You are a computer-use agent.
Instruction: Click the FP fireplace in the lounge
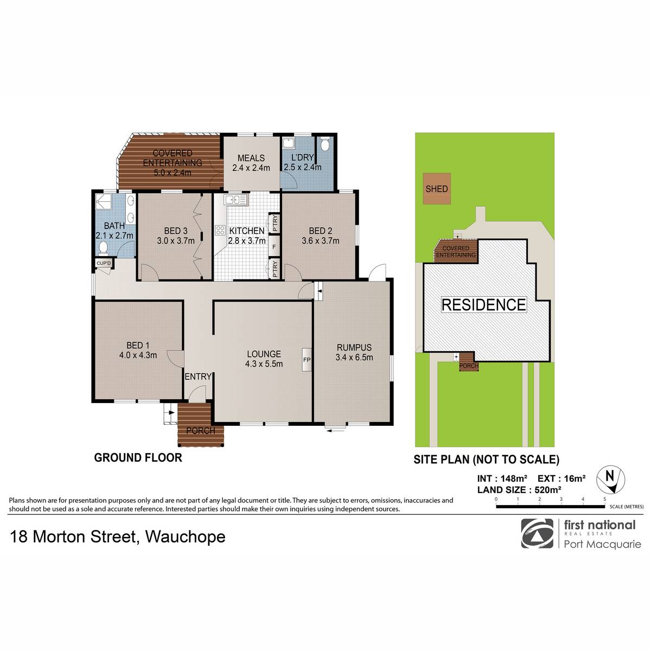pos(307,360)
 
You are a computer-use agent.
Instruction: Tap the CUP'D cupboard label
pos(104,263)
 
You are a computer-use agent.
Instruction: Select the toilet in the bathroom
pos(104,248)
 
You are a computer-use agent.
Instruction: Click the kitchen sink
pos(236,200)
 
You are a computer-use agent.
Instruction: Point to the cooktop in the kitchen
pos(220,231)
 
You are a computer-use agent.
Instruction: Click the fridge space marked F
pos(273,247)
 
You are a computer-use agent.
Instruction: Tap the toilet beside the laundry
pos(324,144)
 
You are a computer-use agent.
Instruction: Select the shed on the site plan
pos(437,188)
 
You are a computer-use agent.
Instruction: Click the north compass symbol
pos(611,479)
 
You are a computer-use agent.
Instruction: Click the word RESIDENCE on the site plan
pos(484,305)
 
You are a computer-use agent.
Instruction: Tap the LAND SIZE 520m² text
pos(519,490)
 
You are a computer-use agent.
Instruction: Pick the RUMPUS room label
pos(354,347)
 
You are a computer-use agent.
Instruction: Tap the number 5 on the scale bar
pos(605,499)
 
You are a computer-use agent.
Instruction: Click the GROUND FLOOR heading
pos(138,458)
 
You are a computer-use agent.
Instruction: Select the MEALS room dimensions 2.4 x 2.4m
pos(251,168)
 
